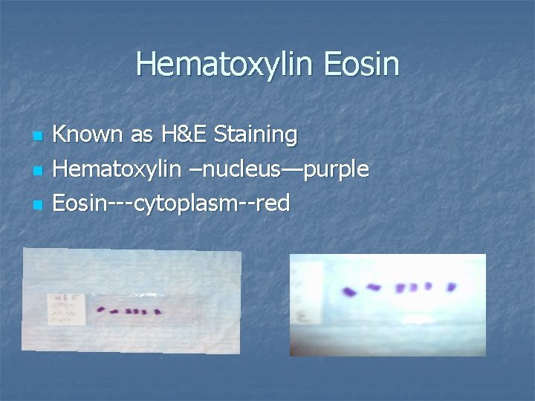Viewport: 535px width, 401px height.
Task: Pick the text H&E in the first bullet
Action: (181, 134)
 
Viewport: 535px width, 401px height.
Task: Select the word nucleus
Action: (236, 169)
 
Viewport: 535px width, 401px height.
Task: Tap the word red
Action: (270, 203)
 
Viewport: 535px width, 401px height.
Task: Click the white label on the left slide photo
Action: (66, 308)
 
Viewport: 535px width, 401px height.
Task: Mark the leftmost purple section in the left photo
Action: (101, 310)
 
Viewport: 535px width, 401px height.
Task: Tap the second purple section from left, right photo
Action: (374, 287)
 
